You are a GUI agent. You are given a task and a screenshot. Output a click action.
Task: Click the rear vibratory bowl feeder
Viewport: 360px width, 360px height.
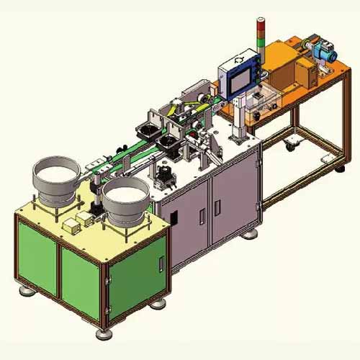point(55,177)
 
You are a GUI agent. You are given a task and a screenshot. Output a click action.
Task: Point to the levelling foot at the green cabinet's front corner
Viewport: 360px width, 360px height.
point(103,333)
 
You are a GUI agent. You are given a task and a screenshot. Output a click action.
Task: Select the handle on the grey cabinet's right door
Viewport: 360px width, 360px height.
point(216,206)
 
